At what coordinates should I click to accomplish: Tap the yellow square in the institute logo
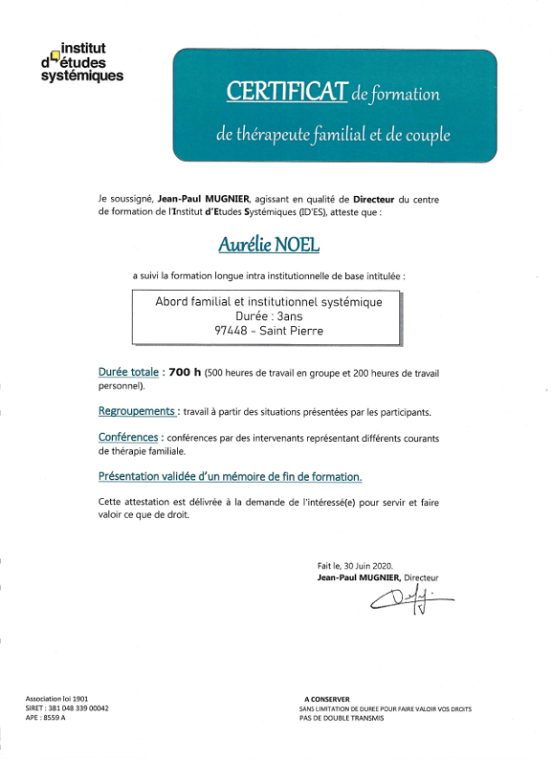[x=54, y=56]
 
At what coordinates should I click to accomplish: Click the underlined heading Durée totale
[x=128, y=371]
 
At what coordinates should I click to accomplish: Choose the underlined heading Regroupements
[x=137, y=411]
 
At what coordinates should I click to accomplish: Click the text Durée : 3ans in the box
[x=266, y=316]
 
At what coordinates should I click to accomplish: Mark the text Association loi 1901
[x=57, y=699]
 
